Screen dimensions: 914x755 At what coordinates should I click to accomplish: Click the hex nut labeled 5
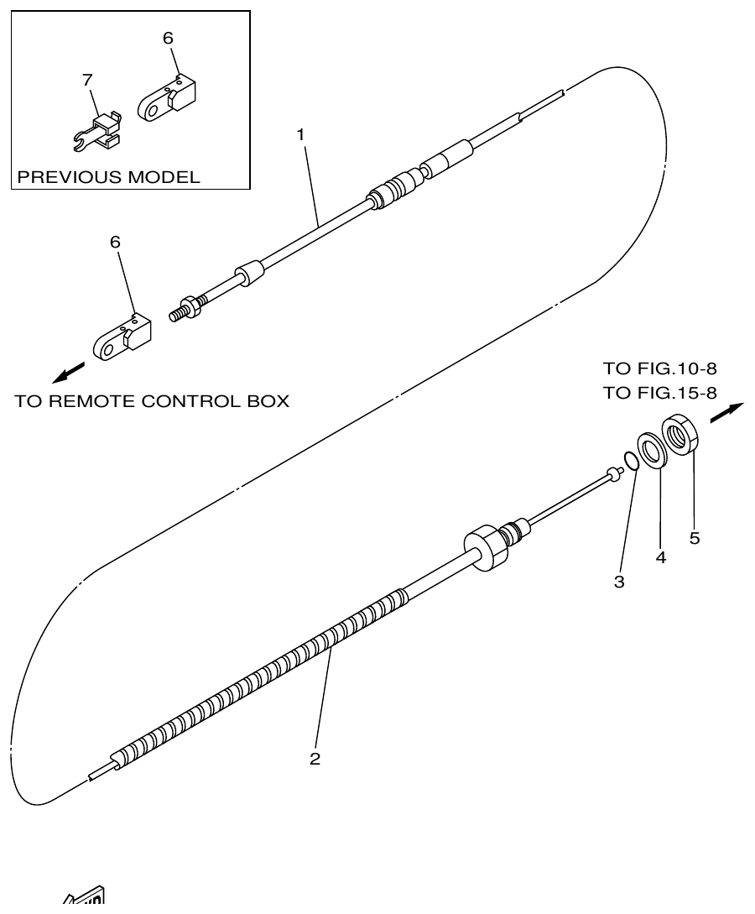click(681, 436)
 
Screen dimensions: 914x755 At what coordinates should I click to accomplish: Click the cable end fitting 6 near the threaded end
click(122, 337)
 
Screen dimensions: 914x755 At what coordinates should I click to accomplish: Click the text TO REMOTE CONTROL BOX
click(152, 401)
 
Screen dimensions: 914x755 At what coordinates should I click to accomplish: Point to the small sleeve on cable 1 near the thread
click(249, 274)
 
